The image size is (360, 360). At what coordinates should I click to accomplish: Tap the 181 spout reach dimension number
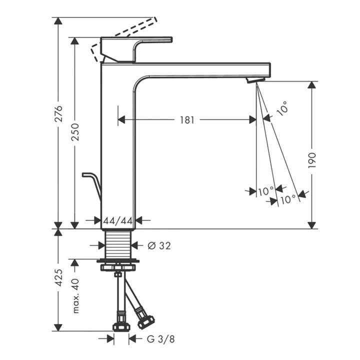(187, 119)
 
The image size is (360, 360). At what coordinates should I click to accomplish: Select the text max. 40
(75, 295)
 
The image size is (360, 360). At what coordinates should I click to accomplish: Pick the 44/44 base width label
(118, 220)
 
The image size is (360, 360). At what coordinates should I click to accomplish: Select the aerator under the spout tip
(256, 80)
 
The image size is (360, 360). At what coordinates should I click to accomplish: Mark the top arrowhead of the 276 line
(58, 21)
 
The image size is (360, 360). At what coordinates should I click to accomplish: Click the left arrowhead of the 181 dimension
(121, 119)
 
